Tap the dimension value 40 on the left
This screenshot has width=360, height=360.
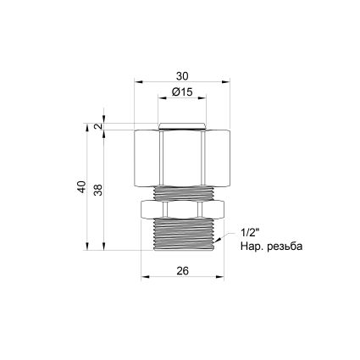click(81, 187)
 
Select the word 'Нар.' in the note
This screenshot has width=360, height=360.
click(252, 246)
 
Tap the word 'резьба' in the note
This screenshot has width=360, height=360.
click(285, 246)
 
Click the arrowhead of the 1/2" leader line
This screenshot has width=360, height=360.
click(219, 241)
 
